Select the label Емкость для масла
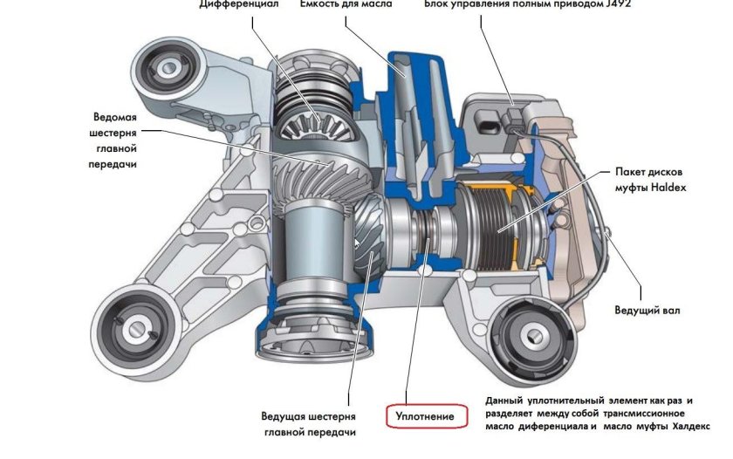(x=346, y=4)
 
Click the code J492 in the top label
(x=616, y=4)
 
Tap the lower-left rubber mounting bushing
(x=135, y=328)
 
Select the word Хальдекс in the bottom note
(x=690, y=427)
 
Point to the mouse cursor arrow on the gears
(x=356, y=243)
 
